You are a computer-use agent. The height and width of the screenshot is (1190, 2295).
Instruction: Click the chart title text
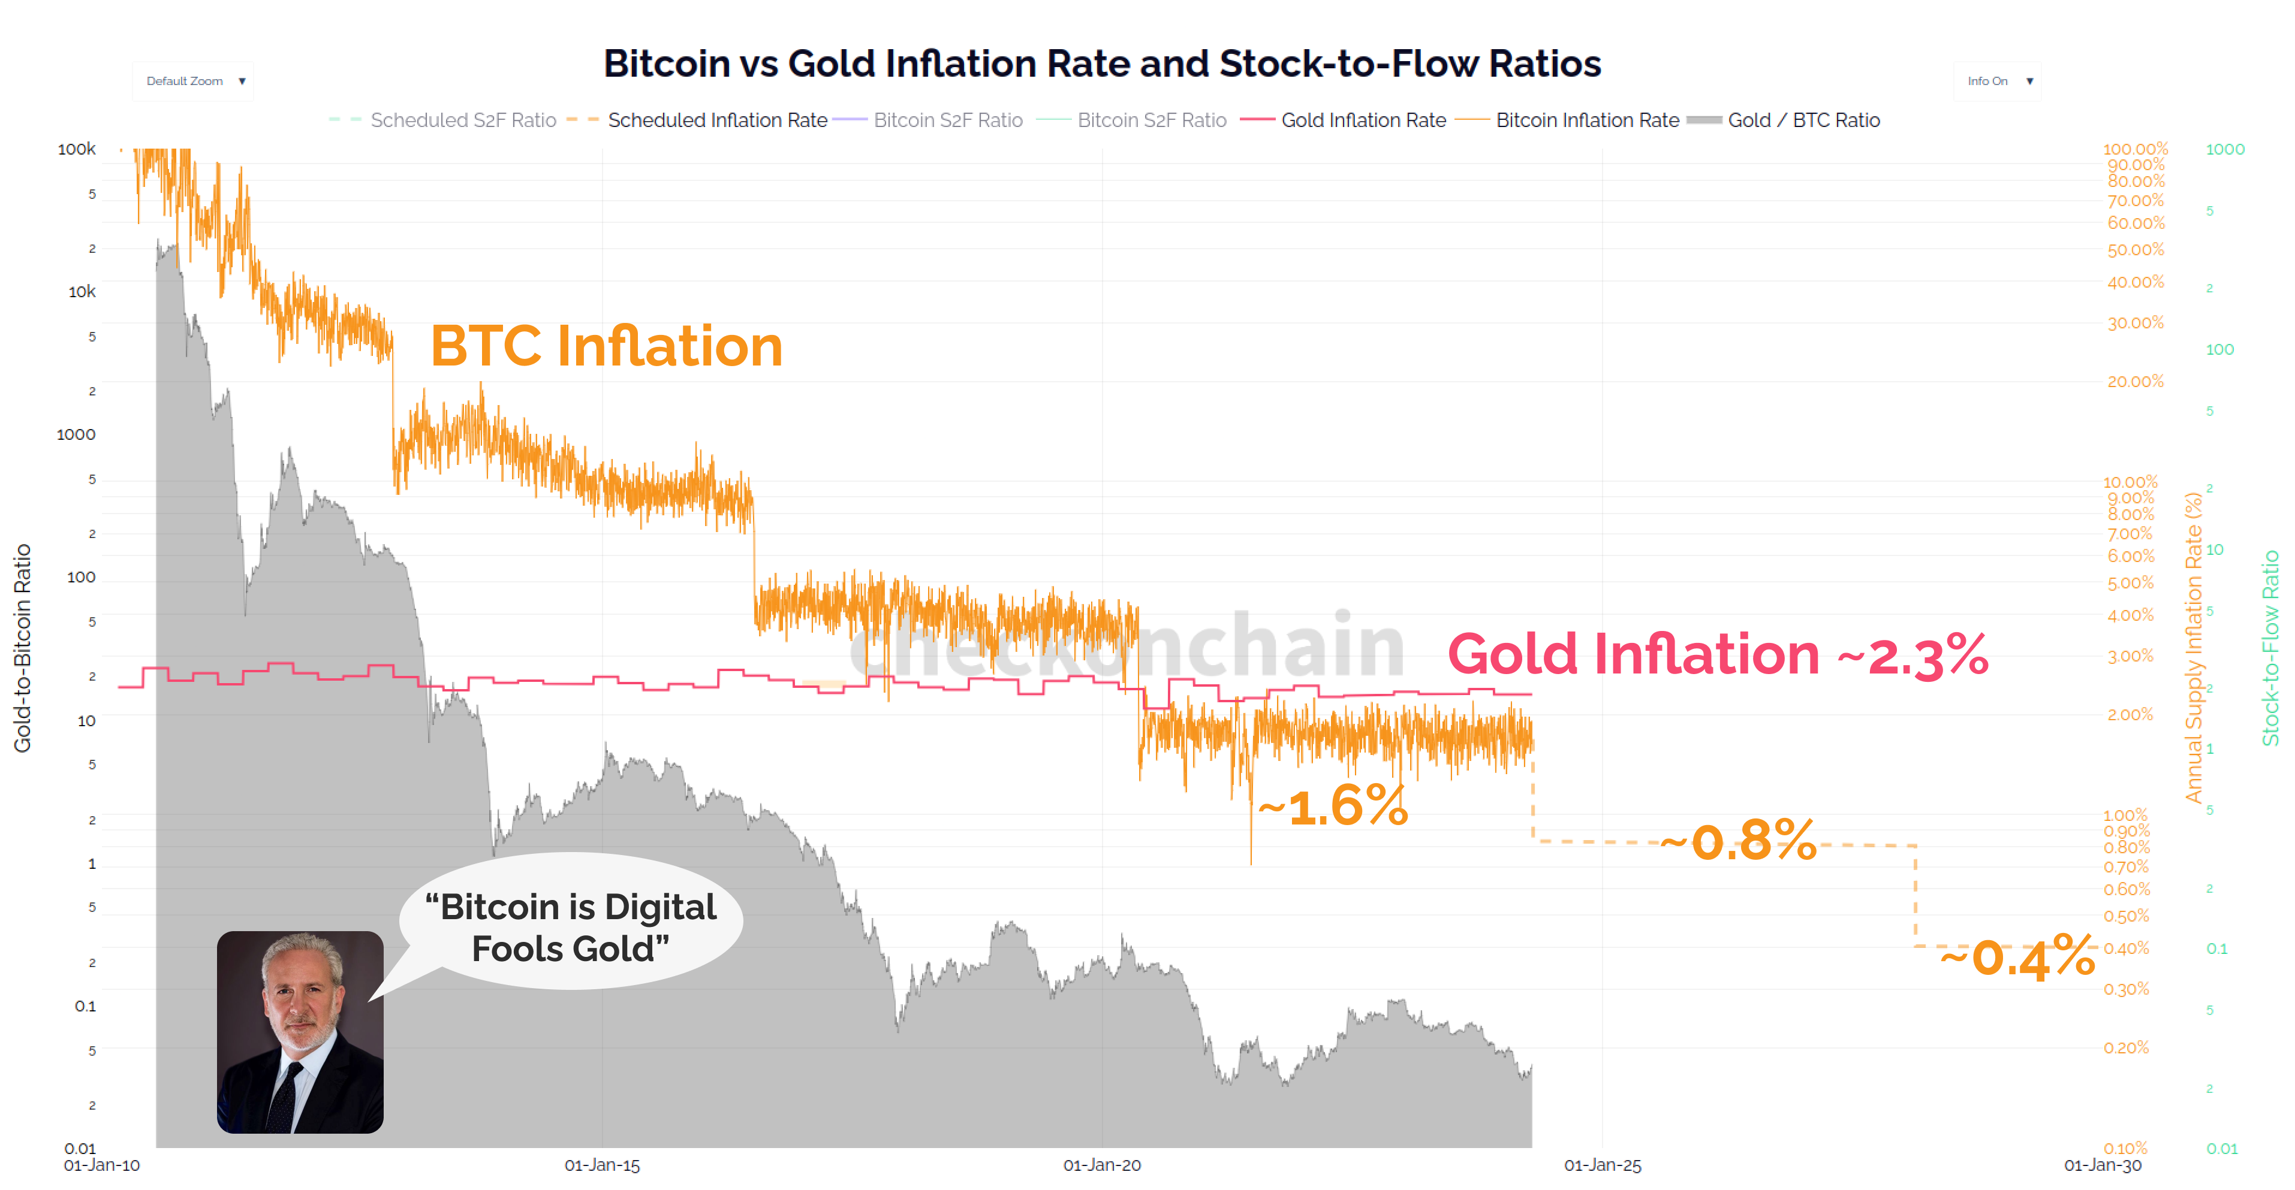pyautogui.click(x=1102, y=64)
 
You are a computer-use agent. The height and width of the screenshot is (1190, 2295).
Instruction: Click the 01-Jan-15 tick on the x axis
pyautogui.click(x=603, y=1165)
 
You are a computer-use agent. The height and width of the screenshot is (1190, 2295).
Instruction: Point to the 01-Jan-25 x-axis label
pyautogui.click(x=1602, y=1165)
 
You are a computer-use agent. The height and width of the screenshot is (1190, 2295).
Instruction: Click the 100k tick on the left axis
pyautogui.click(x=77, y=149)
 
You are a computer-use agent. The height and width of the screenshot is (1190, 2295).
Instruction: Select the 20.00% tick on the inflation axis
pyautogui.click(x=2135, y=381)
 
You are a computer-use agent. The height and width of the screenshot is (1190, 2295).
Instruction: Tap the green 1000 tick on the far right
pyautogui.click(x=2225, y=149)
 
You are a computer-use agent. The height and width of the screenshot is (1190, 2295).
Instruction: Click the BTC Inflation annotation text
pyautogui.click(x=606, y=346)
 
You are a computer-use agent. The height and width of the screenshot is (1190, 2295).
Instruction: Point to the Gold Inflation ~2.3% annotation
pyautogui.click(x=1717, y=655)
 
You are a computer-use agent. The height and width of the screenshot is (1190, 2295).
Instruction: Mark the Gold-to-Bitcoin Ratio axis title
pyautogui.click(x=22, y=648)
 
